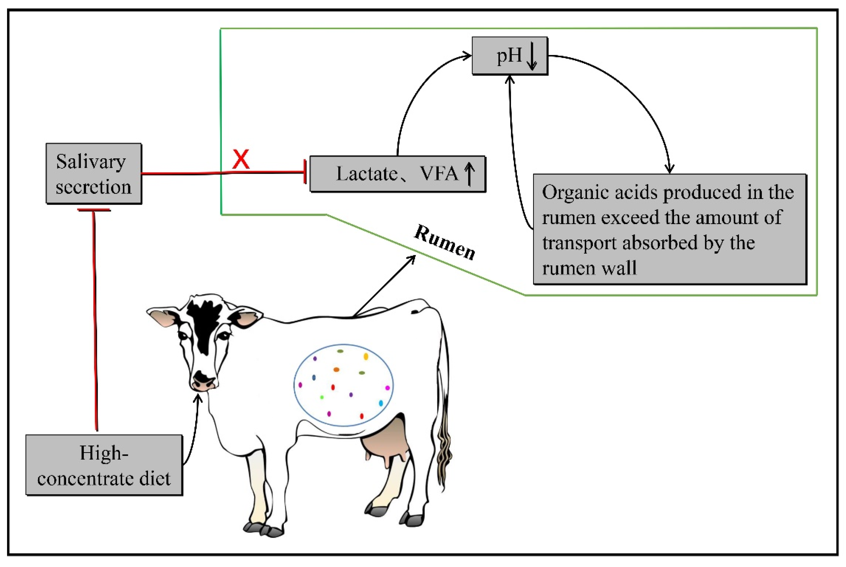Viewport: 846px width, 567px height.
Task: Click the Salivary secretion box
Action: [94, 173]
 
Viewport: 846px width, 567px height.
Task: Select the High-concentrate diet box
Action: [104, 465]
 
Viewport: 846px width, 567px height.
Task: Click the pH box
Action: [510, 56]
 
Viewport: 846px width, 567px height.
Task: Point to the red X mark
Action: [241, 159]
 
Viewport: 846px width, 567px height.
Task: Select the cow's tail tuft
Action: [445, 452]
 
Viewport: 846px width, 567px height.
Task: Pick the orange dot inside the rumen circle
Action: [336, 369]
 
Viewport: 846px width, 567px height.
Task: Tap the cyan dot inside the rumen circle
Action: [381, 403]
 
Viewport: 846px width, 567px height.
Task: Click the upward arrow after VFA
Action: [470, 174]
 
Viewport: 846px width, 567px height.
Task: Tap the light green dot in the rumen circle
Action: [322, 397]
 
